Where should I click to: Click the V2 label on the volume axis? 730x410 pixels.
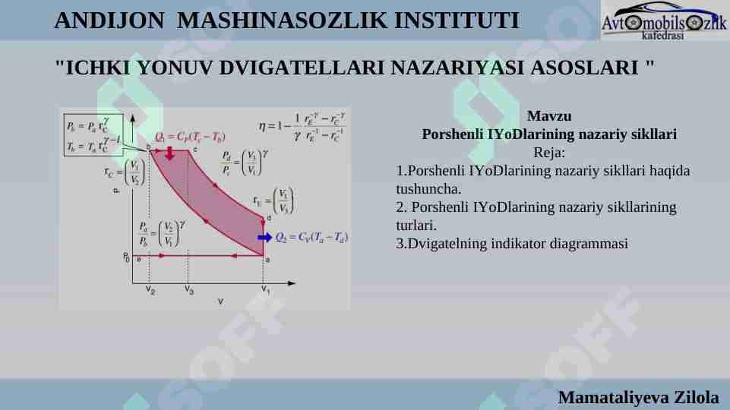click(150, 290)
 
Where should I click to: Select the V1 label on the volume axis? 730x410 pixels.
click(265, 289)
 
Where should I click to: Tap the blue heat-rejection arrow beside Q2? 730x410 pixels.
click(264, 238)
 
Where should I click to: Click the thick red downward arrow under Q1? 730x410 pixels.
click(169, 153)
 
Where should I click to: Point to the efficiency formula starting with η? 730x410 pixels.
click(302, 127)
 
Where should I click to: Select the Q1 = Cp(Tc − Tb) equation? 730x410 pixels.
click(190, 137)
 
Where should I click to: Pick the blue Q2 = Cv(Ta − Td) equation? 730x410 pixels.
click(311, 238)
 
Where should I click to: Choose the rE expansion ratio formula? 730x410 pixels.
click(274, 201)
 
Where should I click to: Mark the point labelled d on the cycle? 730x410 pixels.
click(267, 219)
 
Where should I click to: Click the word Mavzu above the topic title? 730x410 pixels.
click(548, 117)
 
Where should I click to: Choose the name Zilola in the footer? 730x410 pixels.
click(697, 397)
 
